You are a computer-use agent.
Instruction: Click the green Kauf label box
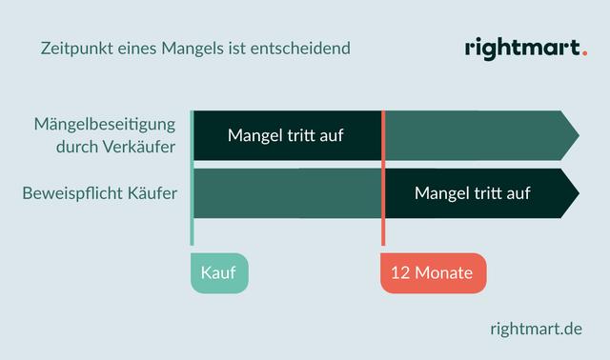click(x=218, y=272)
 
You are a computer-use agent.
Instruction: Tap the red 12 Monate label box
click(x=433, y=272)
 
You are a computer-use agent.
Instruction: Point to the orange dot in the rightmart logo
click(x=583, y=54)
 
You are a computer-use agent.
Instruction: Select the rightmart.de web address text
click(x=535, y=329)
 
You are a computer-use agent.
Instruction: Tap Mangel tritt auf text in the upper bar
click(x=285, y=135)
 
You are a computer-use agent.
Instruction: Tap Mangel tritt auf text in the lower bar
click(x=472, y=193)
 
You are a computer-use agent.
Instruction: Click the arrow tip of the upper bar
click(x=572, y=135)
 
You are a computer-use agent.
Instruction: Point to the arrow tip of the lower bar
click(x=572, y=193)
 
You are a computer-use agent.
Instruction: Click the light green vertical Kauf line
click(x=192, y=181)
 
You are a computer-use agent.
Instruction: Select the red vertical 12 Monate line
click(x=383, y=181)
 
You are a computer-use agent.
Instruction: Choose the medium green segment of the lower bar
click(x=286, y=193)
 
